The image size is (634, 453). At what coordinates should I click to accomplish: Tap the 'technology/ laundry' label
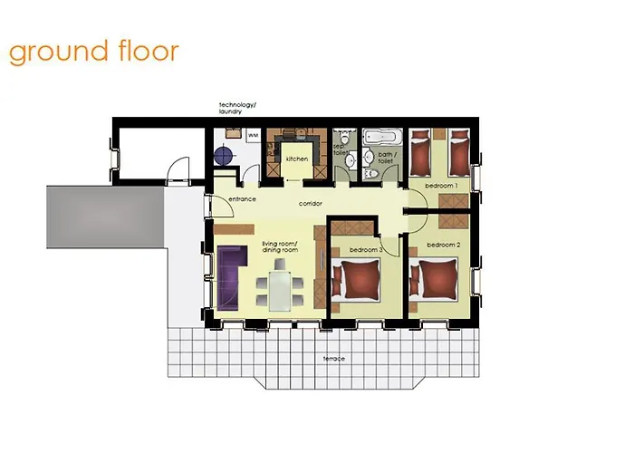tap(237, 110)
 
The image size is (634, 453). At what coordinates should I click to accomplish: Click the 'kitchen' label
tap(297, 159)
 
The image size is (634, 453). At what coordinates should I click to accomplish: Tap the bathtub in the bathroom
tap(379, 139)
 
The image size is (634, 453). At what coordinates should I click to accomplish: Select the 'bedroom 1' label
tap(441, 185)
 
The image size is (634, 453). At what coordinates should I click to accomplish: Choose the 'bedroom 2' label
tap(445, 245)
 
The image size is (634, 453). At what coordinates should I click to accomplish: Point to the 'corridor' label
tap(311, 203)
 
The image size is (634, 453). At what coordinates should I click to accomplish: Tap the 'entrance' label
tap(241, 198)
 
